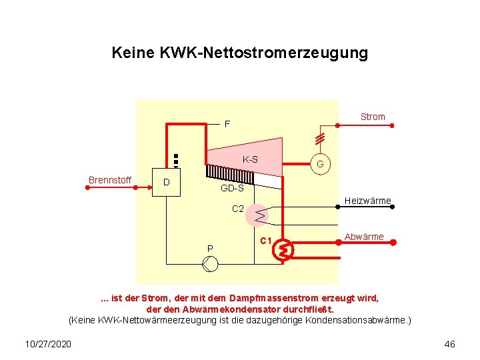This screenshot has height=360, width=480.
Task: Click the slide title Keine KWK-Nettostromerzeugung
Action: (x=239, y=53)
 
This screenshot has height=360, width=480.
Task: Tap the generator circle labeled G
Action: (x=320, y=164)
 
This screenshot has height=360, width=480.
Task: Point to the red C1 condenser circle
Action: (x=285, y=250)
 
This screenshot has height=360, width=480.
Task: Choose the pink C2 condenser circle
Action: (x=258, y=215)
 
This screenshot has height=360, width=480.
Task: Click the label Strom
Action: (x=373, y=117)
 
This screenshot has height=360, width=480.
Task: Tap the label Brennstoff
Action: (x=109, y=180)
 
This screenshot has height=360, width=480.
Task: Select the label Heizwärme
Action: (x=367, y=201)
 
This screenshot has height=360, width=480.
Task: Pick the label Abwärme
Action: (x=364, y=237)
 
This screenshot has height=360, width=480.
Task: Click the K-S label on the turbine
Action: (x=251, y=160)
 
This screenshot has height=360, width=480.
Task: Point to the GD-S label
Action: (x=232, y=189)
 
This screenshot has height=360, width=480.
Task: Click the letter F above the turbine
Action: (x=227, y=125)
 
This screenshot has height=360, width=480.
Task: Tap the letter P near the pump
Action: (x=209, y=249)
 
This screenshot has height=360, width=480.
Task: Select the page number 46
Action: (x=449, y=344)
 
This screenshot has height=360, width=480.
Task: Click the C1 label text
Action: (x=265, y=240)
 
